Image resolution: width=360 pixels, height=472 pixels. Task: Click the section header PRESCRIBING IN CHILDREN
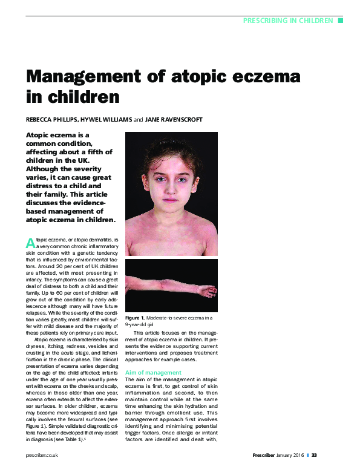coord(288,21)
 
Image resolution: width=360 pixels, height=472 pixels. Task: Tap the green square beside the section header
coord(340,21)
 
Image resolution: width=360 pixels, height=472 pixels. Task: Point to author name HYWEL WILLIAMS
coord(106,119)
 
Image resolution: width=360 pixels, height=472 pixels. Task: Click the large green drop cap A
coord(30,243)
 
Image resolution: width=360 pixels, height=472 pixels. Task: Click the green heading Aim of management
coord(153,372)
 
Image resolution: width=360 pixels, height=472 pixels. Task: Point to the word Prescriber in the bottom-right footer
coord(266,454)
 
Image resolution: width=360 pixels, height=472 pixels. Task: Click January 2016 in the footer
coord(292,454)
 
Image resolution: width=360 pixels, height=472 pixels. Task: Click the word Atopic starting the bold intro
coord(40,134)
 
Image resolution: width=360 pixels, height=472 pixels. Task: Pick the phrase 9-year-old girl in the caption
coord(144,325)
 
